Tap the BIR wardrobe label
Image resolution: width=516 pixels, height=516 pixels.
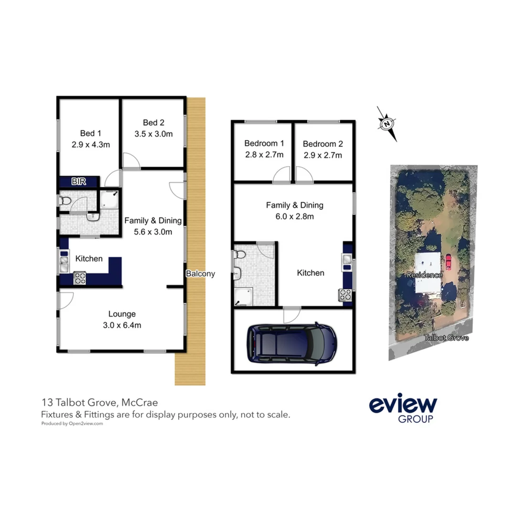click(78, 182)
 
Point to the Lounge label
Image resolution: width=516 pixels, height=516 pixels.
click(122, 314)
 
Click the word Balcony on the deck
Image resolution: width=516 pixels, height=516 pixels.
click(200, 274)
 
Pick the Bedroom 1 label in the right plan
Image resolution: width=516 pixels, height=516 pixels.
click(264, 143)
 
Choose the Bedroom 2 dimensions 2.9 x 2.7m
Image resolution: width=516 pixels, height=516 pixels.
click(322, 155)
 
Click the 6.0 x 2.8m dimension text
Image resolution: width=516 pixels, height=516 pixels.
click(295, 216)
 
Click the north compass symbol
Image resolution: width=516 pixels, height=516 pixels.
click(387, 123)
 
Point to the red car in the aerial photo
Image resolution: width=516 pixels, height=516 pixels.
click(448, 262)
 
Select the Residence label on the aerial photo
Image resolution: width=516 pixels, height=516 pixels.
click(424, 275)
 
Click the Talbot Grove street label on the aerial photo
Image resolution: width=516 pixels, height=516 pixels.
click(446, 338)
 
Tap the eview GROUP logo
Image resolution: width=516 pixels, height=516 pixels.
click(403, 409)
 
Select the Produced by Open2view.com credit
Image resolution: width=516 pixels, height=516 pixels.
click(72, 423)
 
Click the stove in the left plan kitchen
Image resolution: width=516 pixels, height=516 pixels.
click(79, 278)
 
